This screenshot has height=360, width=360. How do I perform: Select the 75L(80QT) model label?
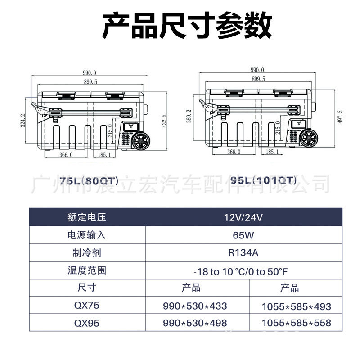pyautogui.click(x=89, y=181)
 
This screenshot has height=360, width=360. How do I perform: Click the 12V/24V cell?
pyautogui.click(x=243, y=218)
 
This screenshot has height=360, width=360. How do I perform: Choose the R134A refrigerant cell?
pyautogui.click(x=243, y=253)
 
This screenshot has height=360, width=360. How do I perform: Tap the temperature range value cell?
pyautogui.click(x=243, y=271)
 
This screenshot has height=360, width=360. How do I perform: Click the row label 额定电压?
pyautogui.click(x=86, y=218)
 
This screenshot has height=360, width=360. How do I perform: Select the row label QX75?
pyautogui.click(x=86, y=306)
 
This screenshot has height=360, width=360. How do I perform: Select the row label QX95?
pyautogui.click(x=86, y=323)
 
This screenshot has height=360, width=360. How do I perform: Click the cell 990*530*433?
pyautogui.click(x=195, y=306)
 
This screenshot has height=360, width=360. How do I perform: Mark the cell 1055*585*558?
pyautogui.click(x=296, y=324)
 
